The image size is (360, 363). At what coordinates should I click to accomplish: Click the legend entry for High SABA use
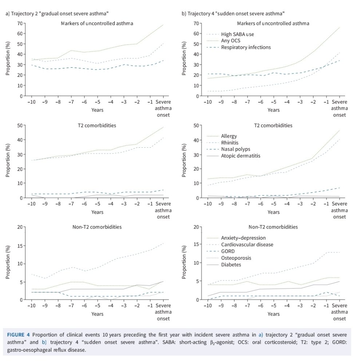tap(237, 34)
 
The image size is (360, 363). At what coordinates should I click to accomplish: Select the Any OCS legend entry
tap(231, 41)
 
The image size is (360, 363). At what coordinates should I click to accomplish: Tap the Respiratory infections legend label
tap(246, 47)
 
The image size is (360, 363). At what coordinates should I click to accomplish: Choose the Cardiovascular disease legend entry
tap(247, 244)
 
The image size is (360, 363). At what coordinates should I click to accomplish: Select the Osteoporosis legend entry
tap(236, 258)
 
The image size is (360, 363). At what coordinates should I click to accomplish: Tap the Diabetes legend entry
tap(231, 265)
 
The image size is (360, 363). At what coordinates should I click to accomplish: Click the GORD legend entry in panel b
tap(228, 251)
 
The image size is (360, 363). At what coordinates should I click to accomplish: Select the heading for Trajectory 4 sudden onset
tap(233, 14)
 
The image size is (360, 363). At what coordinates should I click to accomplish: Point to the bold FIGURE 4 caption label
tap(20, 334)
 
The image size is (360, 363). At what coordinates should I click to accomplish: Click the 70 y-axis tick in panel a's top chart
tap(19, 23)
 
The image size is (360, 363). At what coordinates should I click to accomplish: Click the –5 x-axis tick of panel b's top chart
tap(273, 102)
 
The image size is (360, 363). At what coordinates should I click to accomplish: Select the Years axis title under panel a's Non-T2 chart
tap(97, 314)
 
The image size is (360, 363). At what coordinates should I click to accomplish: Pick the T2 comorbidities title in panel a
tap(97, 125)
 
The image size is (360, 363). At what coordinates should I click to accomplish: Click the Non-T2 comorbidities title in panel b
tap(273, 227)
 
